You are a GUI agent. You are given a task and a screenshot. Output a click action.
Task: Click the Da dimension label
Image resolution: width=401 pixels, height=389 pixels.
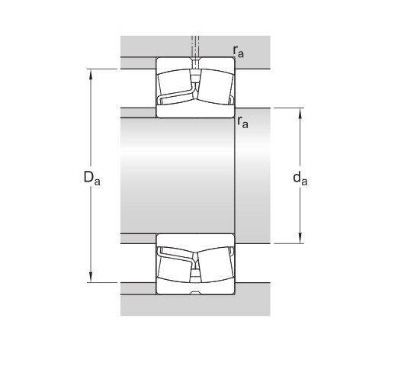(91, 178)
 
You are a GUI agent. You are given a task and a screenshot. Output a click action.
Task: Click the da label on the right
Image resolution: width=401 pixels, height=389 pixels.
(300, 178)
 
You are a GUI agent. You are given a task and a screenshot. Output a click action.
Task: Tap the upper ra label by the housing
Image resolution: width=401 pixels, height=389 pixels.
(239, 52)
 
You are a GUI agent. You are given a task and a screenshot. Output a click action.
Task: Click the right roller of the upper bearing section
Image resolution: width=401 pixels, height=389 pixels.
(214, 85)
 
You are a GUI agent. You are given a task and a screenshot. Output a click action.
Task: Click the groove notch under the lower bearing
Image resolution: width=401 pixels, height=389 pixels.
(196, 293)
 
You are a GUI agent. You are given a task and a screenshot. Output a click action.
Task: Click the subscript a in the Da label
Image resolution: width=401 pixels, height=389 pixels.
(97, 182)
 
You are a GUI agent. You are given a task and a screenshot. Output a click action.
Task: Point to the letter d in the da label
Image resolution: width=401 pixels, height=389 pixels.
(297, 177)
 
